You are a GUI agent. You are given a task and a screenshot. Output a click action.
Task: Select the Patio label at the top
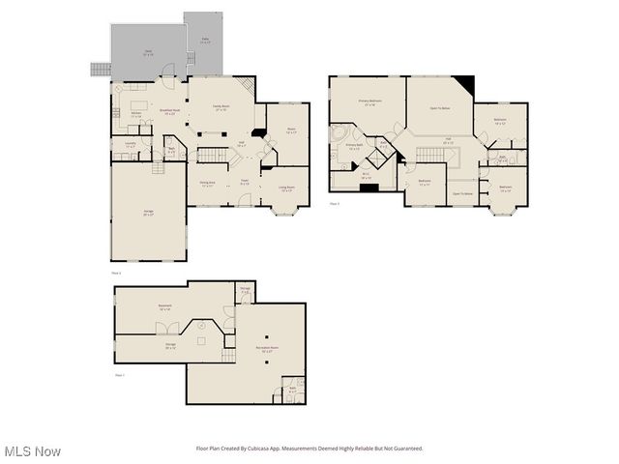click(x=204, y=42)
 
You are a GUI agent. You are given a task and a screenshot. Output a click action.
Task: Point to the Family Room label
click(x=221, y=107)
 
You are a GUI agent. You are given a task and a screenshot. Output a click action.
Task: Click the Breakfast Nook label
click(x=169, y=112)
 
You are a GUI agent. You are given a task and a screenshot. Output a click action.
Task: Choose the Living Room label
click(x=287, y=188)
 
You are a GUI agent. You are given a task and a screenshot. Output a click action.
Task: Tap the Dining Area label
click(x=207, y=183)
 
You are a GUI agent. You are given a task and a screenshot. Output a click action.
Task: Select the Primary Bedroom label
click(x=368, y=101)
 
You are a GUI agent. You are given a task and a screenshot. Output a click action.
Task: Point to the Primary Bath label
click(x=354, y=147)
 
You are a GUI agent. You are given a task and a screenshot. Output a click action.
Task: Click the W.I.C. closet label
click(x=366, y=177)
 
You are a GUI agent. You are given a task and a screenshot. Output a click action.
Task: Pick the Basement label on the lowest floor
click(x=164, y=307)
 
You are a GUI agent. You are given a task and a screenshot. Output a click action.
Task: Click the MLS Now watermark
click(x=33, y=451)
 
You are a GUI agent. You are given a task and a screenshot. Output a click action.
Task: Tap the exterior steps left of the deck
click(x=99, y=70)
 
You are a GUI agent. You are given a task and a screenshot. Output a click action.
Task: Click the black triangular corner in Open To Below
click(x=465, y=84)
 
